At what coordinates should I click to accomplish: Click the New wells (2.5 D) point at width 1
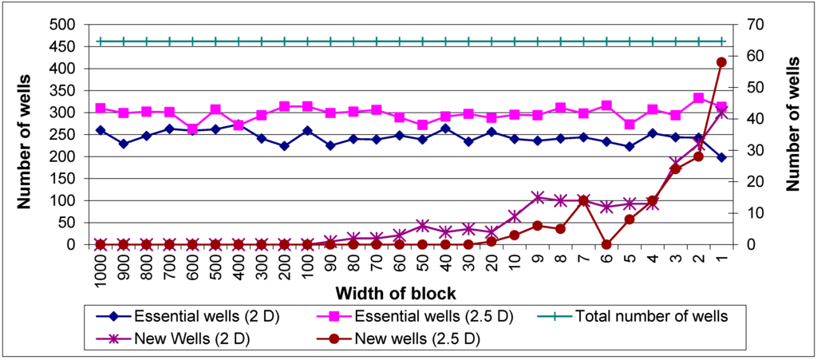coord(721,62)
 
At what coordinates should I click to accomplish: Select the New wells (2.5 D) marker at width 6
coord(606,244)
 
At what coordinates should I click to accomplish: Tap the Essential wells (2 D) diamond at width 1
coord(721,157)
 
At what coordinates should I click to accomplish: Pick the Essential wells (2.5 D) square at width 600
coord(192,129)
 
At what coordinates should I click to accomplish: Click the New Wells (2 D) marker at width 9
coord(538,197)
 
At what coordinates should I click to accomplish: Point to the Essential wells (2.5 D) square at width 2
coord(698,98)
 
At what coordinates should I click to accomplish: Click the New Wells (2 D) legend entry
coord(192,338)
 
